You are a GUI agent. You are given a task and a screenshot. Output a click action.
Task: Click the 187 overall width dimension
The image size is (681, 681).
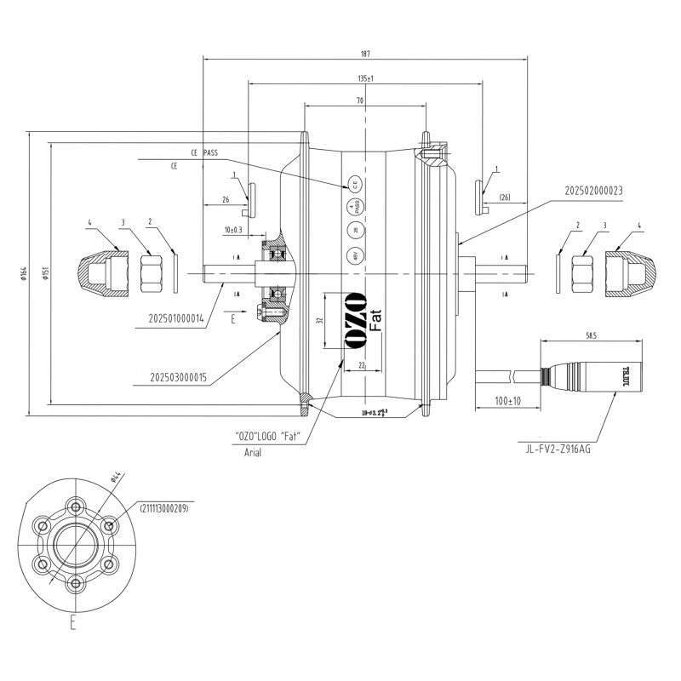tap(364, 54)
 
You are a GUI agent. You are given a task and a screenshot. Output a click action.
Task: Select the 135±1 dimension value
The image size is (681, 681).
tap(366, 78)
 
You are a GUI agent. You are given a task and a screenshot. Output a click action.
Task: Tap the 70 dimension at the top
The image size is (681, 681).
tap(360, 100)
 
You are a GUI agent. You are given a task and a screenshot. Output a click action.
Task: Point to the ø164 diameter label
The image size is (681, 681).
tap(26, 272)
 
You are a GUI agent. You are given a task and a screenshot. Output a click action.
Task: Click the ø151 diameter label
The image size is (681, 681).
tap(43, 272)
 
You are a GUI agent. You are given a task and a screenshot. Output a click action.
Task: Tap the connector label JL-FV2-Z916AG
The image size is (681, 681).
tap(558, 449)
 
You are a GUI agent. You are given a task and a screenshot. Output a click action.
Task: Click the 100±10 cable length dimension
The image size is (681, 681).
tap(509, 399)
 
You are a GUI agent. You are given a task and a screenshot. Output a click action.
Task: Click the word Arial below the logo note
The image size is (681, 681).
tap(253, 453)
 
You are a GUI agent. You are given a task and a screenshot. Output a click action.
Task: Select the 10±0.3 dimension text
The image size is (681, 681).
tap(233, 230)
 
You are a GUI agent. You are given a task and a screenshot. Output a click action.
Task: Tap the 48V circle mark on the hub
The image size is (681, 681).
tap(352, 255)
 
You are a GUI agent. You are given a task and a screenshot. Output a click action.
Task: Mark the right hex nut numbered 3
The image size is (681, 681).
tap(585, 272)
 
